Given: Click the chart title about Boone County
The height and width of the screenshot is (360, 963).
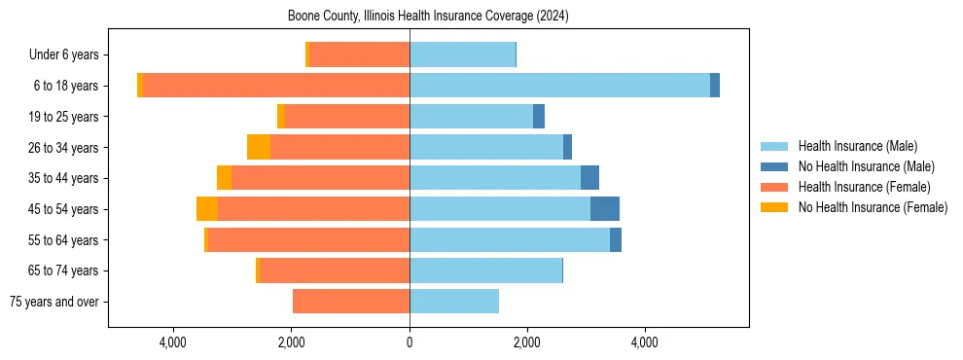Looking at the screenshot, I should pos(428,17).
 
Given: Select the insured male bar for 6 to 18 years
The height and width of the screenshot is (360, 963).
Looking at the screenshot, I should pos(559,86).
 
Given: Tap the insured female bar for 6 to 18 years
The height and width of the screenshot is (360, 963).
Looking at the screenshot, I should pos(276,86).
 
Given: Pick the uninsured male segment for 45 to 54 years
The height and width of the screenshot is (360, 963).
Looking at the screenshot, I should pos(605,209).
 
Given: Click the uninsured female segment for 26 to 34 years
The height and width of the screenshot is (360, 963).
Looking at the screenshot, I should pos(259,147).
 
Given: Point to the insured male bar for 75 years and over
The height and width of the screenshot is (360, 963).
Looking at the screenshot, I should pos(454,302).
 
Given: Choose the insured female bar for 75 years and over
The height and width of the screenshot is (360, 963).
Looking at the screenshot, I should pos(351,302).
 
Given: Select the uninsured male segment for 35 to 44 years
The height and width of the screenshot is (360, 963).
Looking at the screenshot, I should pos(589,178).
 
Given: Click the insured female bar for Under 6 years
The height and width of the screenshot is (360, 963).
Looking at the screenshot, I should pos(359,54).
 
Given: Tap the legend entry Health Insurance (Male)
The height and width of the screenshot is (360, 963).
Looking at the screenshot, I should pos(857,146).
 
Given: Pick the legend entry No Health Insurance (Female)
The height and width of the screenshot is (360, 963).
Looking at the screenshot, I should pos(872,207).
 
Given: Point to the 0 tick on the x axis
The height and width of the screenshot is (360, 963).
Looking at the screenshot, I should pos(410,342).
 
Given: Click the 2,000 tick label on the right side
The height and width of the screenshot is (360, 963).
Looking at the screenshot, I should pos(527,342).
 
